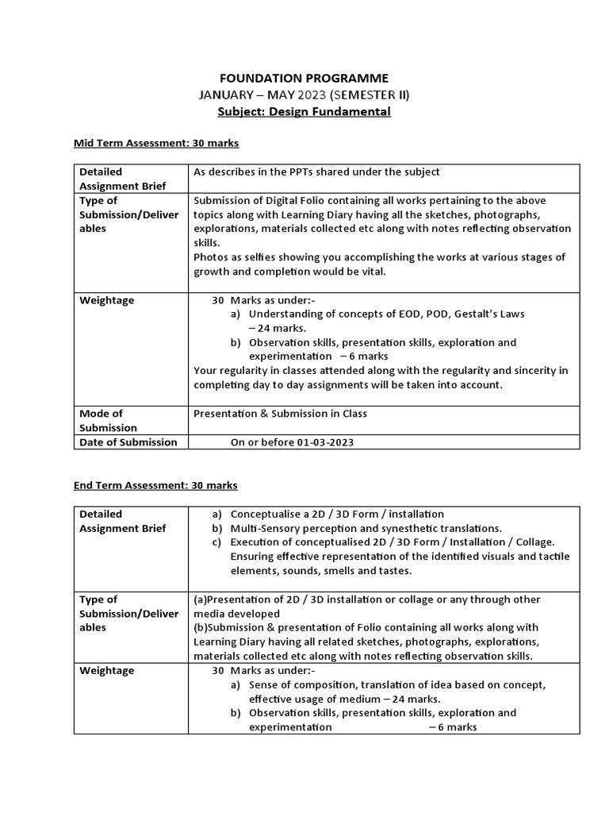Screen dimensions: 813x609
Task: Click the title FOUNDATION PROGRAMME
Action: [x=304, y=78]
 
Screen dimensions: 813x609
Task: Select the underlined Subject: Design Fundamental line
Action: [x=304, y=112]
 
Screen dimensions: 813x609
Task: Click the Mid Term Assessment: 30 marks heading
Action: [x=156, y=143]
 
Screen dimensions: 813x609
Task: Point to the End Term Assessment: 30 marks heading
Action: [x=155, y=485]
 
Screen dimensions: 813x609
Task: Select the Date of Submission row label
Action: [x=128, y=442]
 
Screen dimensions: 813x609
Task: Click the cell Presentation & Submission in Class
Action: [x=280, y=414]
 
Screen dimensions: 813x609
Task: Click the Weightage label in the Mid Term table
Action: [x=107, y=300]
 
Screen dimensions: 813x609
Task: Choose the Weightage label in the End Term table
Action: [x=107, y=671]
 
